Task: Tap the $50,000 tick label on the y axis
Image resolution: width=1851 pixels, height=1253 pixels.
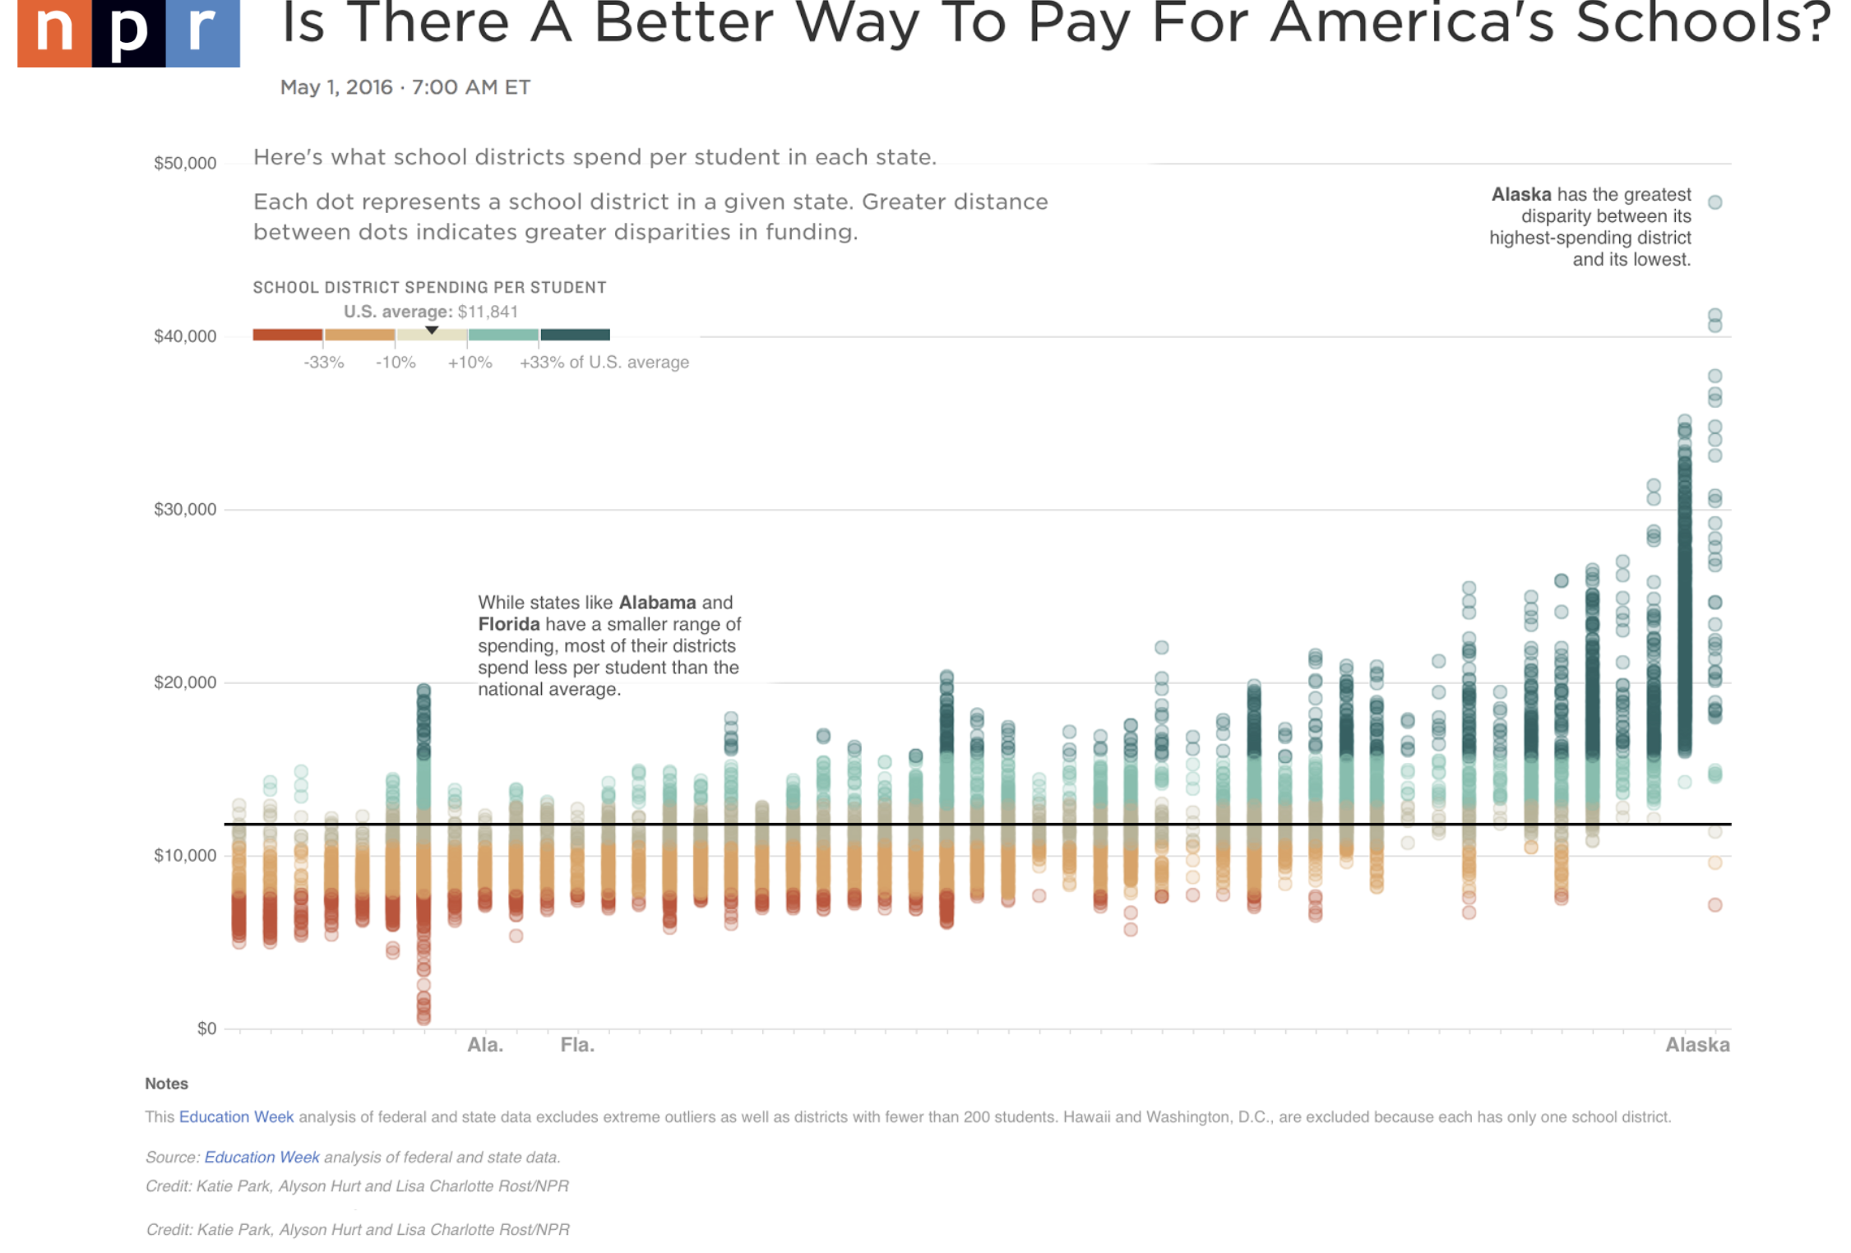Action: click(185, 163)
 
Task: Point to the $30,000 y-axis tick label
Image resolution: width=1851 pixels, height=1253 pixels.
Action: click(185, 509)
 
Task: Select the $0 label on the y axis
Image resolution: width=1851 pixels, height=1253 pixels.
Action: click(206, 1028)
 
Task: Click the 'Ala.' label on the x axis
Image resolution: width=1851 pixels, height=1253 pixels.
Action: click(485, 1045)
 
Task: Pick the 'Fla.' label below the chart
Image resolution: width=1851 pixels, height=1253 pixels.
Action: click(577, 1045)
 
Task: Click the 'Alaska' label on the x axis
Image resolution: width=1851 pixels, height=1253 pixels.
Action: click(1697, 1045)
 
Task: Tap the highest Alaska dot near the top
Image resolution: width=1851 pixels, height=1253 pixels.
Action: click(1715, 202)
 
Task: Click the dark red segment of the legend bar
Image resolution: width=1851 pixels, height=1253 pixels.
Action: click(288, 335)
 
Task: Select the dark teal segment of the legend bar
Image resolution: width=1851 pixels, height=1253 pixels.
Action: click(576, 335)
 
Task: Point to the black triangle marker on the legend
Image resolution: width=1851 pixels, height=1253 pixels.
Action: click(432, 330)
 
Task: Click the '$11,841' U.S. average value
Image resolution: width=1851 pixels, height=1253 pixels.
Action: click(488, 312)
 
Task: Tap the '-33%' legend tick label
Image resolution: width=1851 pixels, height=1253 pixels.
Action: click(323, 363)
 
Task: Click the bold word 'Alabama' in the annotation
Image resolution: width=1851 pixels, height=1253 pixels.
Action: click(657, 603)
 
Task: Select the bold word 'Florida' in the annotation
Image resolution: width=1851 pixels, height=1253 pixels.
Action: click(509, 624)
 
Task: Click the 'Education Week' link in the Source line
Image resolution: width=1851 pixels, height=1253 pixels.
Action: click(261, 1157)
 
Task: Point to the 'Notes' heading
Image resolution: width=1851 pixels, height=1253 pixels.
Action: click(166, 1084)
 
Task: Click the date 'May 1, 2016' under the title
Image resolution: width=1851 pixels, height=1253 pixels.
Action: click(336, 87)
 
